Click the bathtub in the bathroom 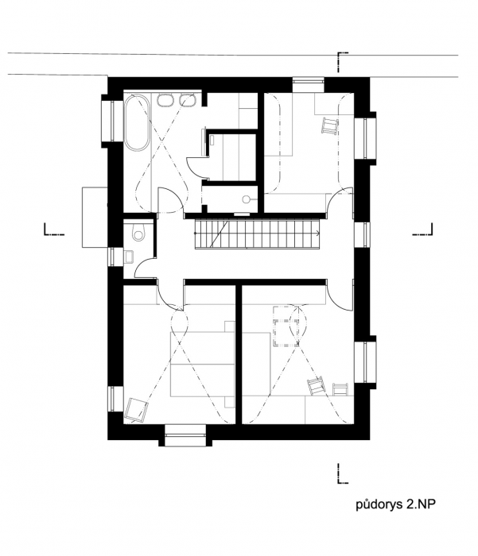pyautogui.click(x=136, y=122)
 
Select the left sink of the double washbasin pyautogui.click(x=164, y=100)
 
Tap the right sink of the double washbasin pyautogui.click(x=188, y=100)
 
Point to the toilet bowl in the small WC pyautogui.click(x=138, y=233)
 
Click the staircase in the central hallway pyautogui.click(x=258, y=234)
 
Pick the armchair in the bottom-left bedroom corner pyautogui.click(x=136, y=410)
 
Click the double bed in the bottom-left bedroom pyautogui.click(x=203, y=364)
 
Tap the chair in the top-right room pyautogui.click(x=330, y=125)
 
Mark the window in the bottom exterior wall pyautogui.click(x=185, y=435)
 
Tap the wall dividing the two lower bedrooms pyautogui.click(x=239, y=354)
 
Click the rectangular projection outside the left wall pyautogui.click(x=95, y=217)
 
